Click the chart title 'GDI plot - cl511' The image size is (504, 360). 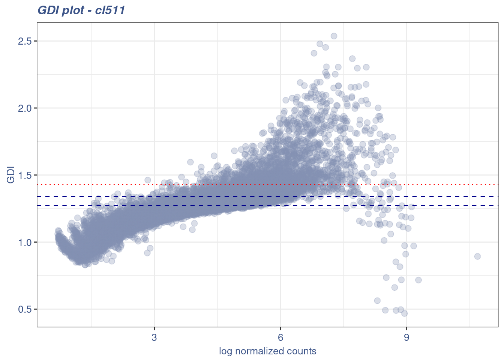pos(81,10)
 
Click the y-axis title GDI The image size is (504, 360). pos(11,175)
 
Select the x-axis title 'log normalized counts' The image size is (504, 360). pos(267,351)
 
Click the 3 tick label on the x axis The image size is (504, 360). pos(154,337)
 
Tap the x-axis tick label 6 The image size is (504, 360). pos(280,337)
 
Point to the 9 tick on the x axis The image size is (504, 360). pos(406,337)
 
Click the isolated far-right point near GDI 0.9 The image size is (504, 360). pos(477,256)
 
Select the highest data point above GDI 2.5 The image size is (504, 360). pos(334,36)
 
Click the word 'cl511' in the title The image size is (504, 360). pos(110,10)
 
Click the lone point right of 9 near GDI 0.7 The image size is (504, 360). pos(418,280)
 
